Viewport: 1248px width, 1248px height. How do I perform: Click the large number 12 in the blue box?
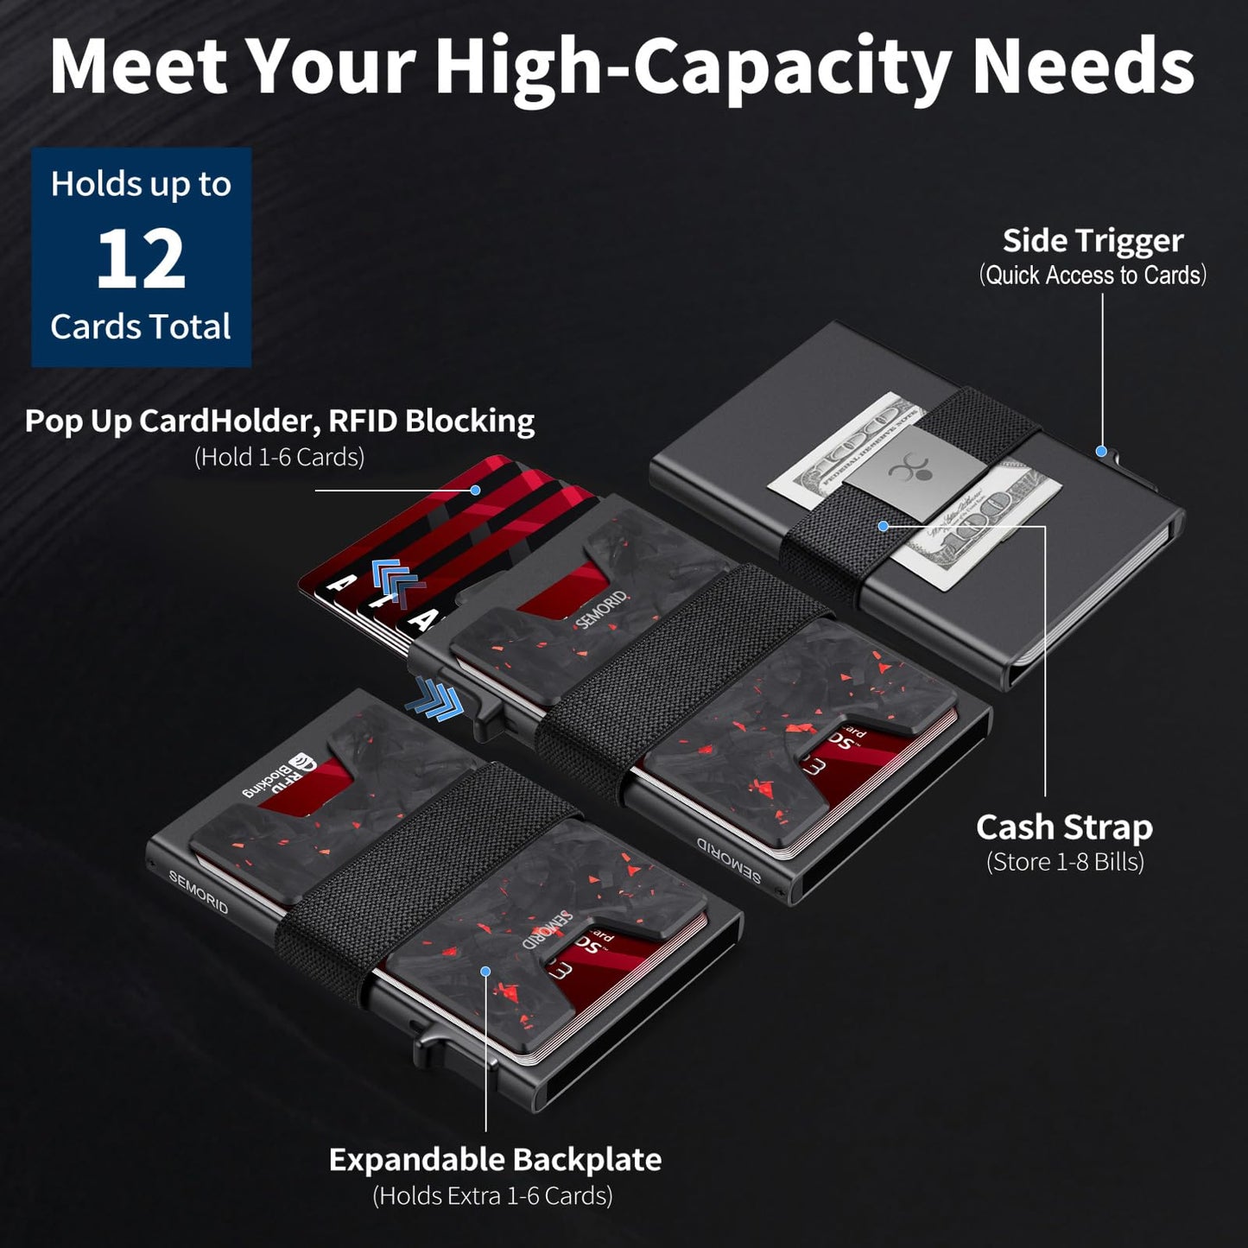[x=141, y=258]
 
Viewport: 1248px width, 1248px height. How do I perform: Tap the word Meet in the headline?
[x=138, y=67]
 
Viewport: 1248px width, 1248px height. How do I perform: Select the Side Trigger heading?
[x=1093, y=241]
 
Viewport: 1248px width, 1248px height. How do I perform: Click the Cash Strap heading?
[x=1064, y=827]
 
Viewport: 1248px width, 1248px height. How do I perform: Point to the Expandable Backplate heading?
[x=495, y=1160]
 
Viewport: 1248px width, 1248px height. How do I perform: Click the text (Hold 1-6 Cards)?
[x=279, y=457]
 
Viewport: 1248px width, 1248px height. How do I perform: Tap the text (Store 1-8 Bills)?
[x=1065, y=862]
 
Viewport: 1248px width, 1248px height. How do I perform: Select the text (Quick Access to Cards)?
[x=1093, y=276]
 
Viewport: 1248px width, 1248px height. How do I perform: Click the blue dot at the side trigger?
[x=1101, y=451]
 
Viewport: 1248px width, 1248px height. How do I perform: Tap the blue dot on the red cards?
[x=475, y=490]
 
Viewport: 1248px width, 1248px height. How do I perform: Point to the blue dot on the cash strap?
[x=883, y=525]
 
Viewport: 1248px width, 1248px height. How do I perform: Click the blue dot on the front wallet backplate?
[x=485, y=972]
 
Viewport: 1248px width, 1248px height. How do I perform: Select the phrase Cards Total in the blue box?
[x=141, y=327]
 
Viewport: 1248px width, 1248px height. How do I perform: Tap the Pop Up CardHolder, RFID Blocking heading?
[x=279, y=421]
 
